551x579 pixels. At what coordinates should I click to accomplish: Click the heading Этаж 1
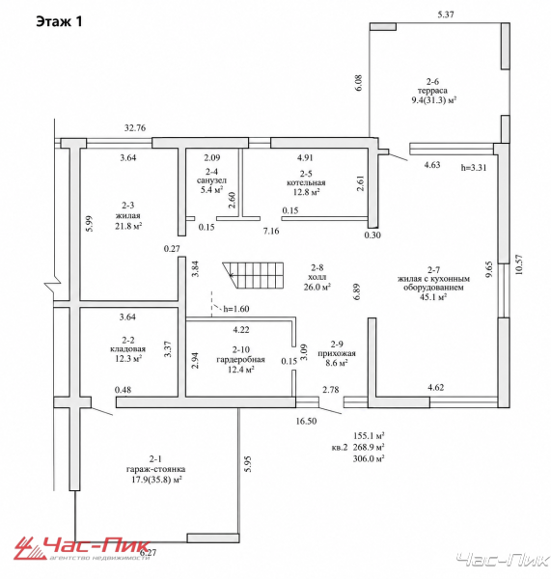(59, 21)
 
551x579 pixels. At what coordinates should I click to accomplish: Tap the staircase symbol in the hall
(253, 277)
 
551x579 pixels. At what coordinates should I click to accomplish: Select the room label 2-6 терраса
(432, 86)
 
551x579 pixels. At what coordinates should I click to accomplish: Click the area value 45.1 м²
(433, 297)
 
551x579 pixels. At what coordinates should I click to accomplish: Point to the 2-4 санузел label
(211, 177)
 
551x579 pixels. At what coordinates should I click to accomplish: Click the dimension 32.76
(135, 127)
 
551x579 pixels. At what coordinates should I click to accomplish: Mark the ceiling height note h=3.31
(474, 167)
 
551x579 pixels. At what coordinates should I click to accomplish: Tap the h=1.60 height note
(236, 309)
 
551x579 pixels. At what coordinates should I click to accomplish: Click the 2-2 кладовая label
(127, 345)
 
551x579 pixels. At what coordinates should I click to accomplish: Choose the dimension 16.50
(306, 421)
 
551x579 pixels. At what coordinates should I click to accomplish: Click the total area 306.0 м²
(369, 458)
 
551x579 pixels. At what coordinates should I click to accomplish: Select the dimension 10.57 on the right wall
(519, 264)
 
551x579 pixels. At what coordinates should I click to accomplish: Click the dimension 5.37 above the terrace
(446, 14)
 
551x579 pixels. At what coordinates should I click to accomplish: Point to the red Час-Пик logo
(82, 548)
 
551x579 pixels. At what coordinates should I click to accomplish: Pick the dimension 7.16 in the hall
(271, 232)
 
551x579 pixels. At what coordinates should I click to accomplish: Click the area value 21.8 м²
(128, 226)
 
